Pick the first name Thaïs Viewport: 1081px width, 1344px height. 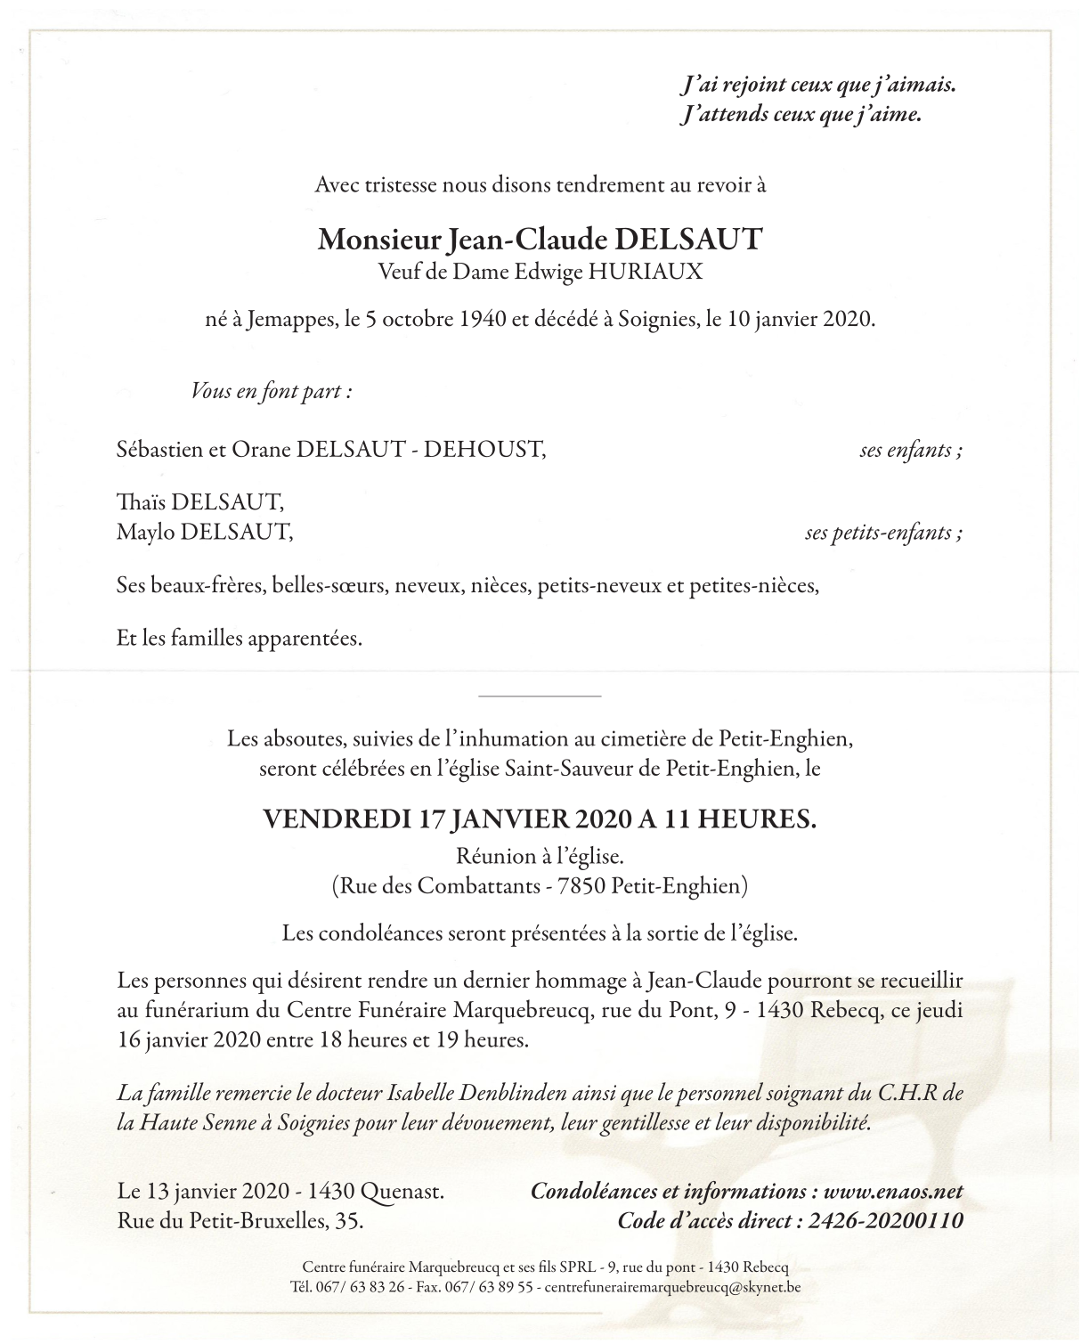point(142,503)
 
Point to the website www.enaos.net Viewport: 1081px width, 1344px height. point(893,1192)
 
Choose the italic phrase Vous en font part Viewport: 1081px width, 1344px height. point(270,391)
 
